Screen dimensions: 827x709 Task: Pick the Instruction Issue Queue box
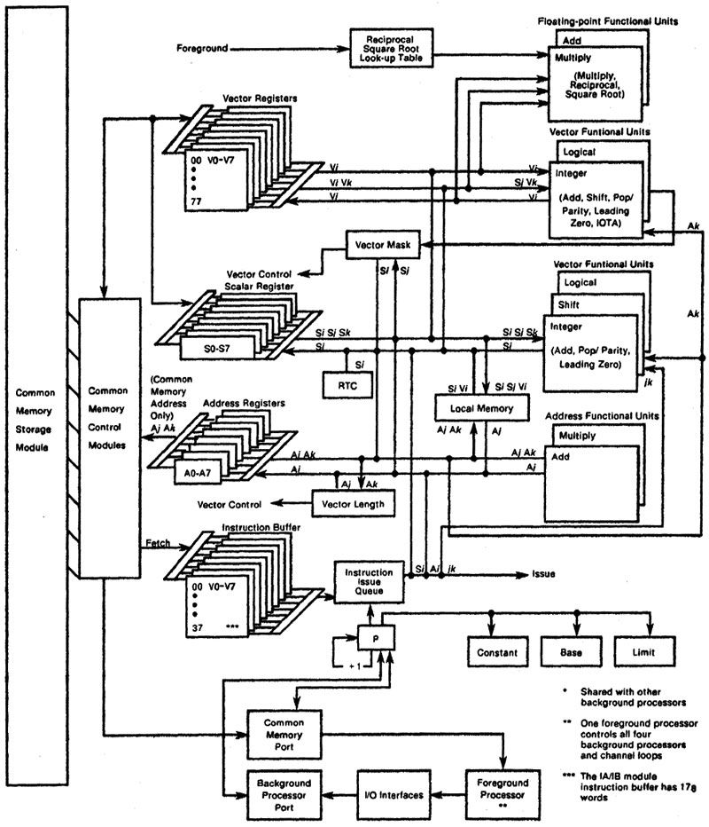pos(368,581)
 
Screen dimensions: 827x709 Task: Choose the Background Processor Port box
pos(283,792)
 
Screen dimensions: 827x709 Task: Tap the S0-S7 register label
pos(215,350)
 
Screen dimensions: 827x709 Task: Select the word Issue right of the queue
pos(543,574)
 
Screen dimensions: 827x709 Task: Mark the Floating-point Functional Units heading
pos(618,20)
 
